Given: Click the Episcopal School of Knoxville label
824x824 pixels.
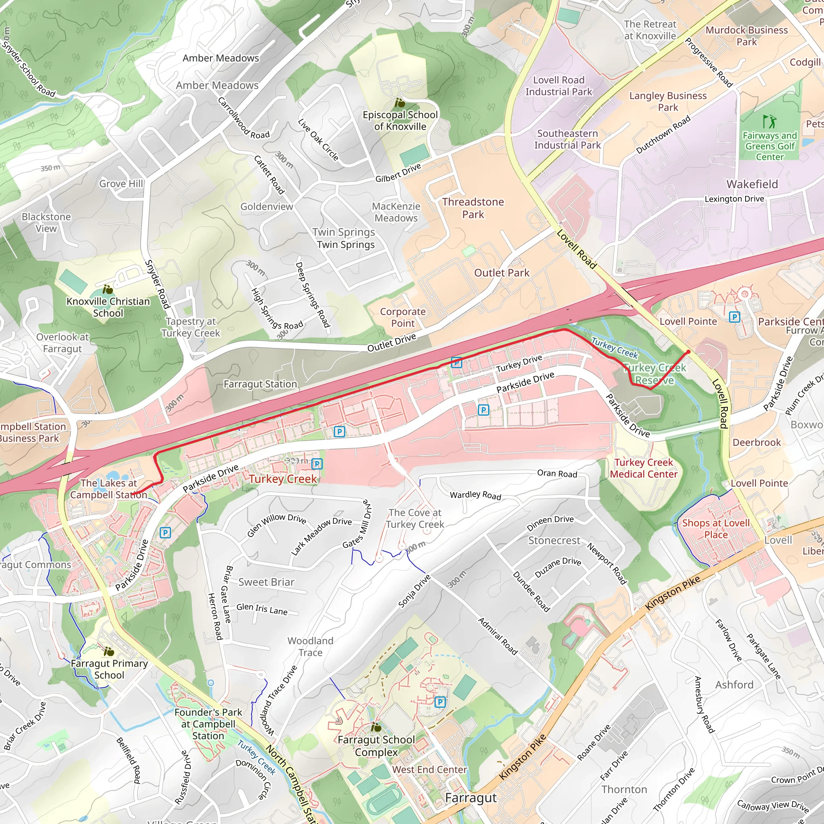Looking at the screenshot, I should pos(400,121).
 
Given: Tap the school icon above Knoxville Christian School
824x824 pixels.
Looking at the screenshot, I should pos(108,289).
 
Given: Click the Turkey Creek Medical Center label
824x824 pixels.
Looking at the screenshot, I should pos(643,468).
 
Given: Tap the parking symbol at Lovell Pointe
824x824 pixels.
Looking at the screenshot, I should pos(734,317).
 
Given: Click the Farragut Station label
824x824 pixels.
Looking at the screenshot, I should pos(260,384).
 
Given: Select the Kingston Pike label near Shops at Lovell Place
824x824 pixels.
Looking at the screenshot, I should pos(673,592).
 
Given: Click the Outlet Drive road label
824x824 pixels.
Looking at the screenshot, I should pos(391,343).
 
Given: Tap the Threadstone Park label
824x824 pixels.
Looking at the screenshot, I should pos(473,208).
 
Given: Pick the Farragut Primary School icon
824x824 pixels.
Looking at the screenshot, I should pos(109,651).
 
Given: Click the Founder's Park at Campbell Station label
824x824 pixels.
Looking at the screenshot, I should pos(208,724).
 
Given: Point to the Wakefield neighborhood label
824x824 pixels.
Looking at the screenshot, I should pos(752,184).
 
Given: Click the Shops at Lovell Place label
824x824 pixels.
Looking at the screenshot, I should pos(716,528).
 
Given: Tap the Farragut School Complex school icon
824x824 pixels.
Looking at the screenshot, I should pos(376,727).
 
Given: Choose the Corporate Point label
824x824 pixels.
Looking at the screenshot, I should pos(403,317).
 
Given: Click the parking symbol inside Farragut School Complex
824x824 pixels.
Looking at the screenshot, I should pos(440,702).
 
